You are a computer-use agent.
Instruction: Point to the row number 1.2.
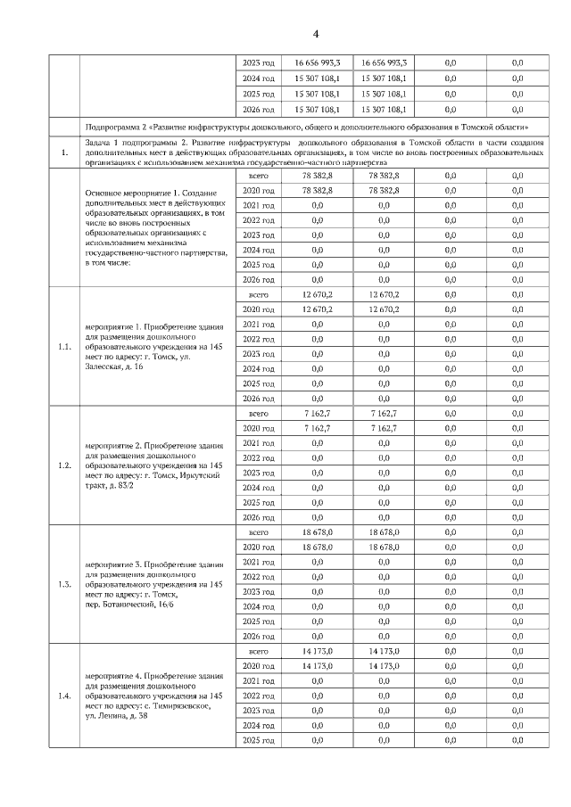point(63,465)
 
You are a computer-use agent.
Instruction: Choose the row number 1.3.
point(63,585)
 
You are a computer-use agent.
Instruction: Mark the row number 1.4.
point(63,696)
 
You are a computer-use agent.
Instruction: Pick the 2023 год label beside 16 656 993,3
point(258,63)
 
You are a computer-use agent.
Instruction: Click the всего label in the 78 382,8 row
point(258,176)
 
